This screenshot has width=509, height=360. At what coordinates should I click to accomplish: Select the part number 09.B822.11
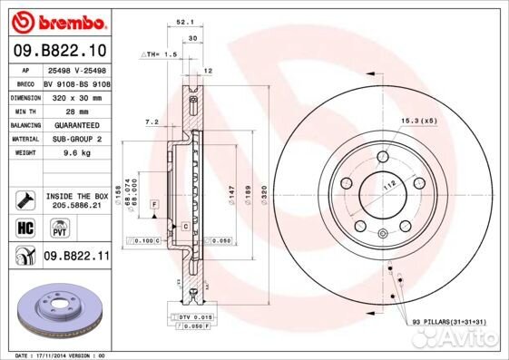coord(74,258)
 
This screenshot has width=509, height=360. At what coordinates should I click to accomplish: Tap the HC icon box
coord(24,228)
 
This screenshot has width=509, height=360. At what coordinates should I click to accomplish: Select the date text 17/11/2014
coord(61,355)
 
